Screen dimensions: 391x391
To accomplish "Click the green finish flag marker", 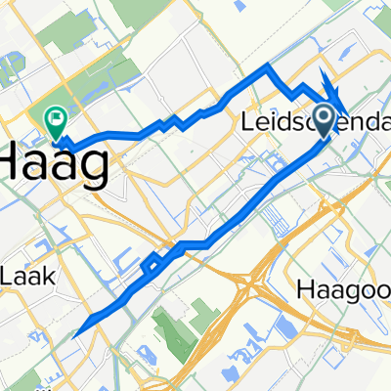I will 55,120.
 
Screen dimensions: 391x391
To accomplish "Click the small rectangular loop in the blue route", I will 152,265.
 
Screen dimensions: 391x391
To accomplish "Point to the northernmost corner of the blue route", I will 270,67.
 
